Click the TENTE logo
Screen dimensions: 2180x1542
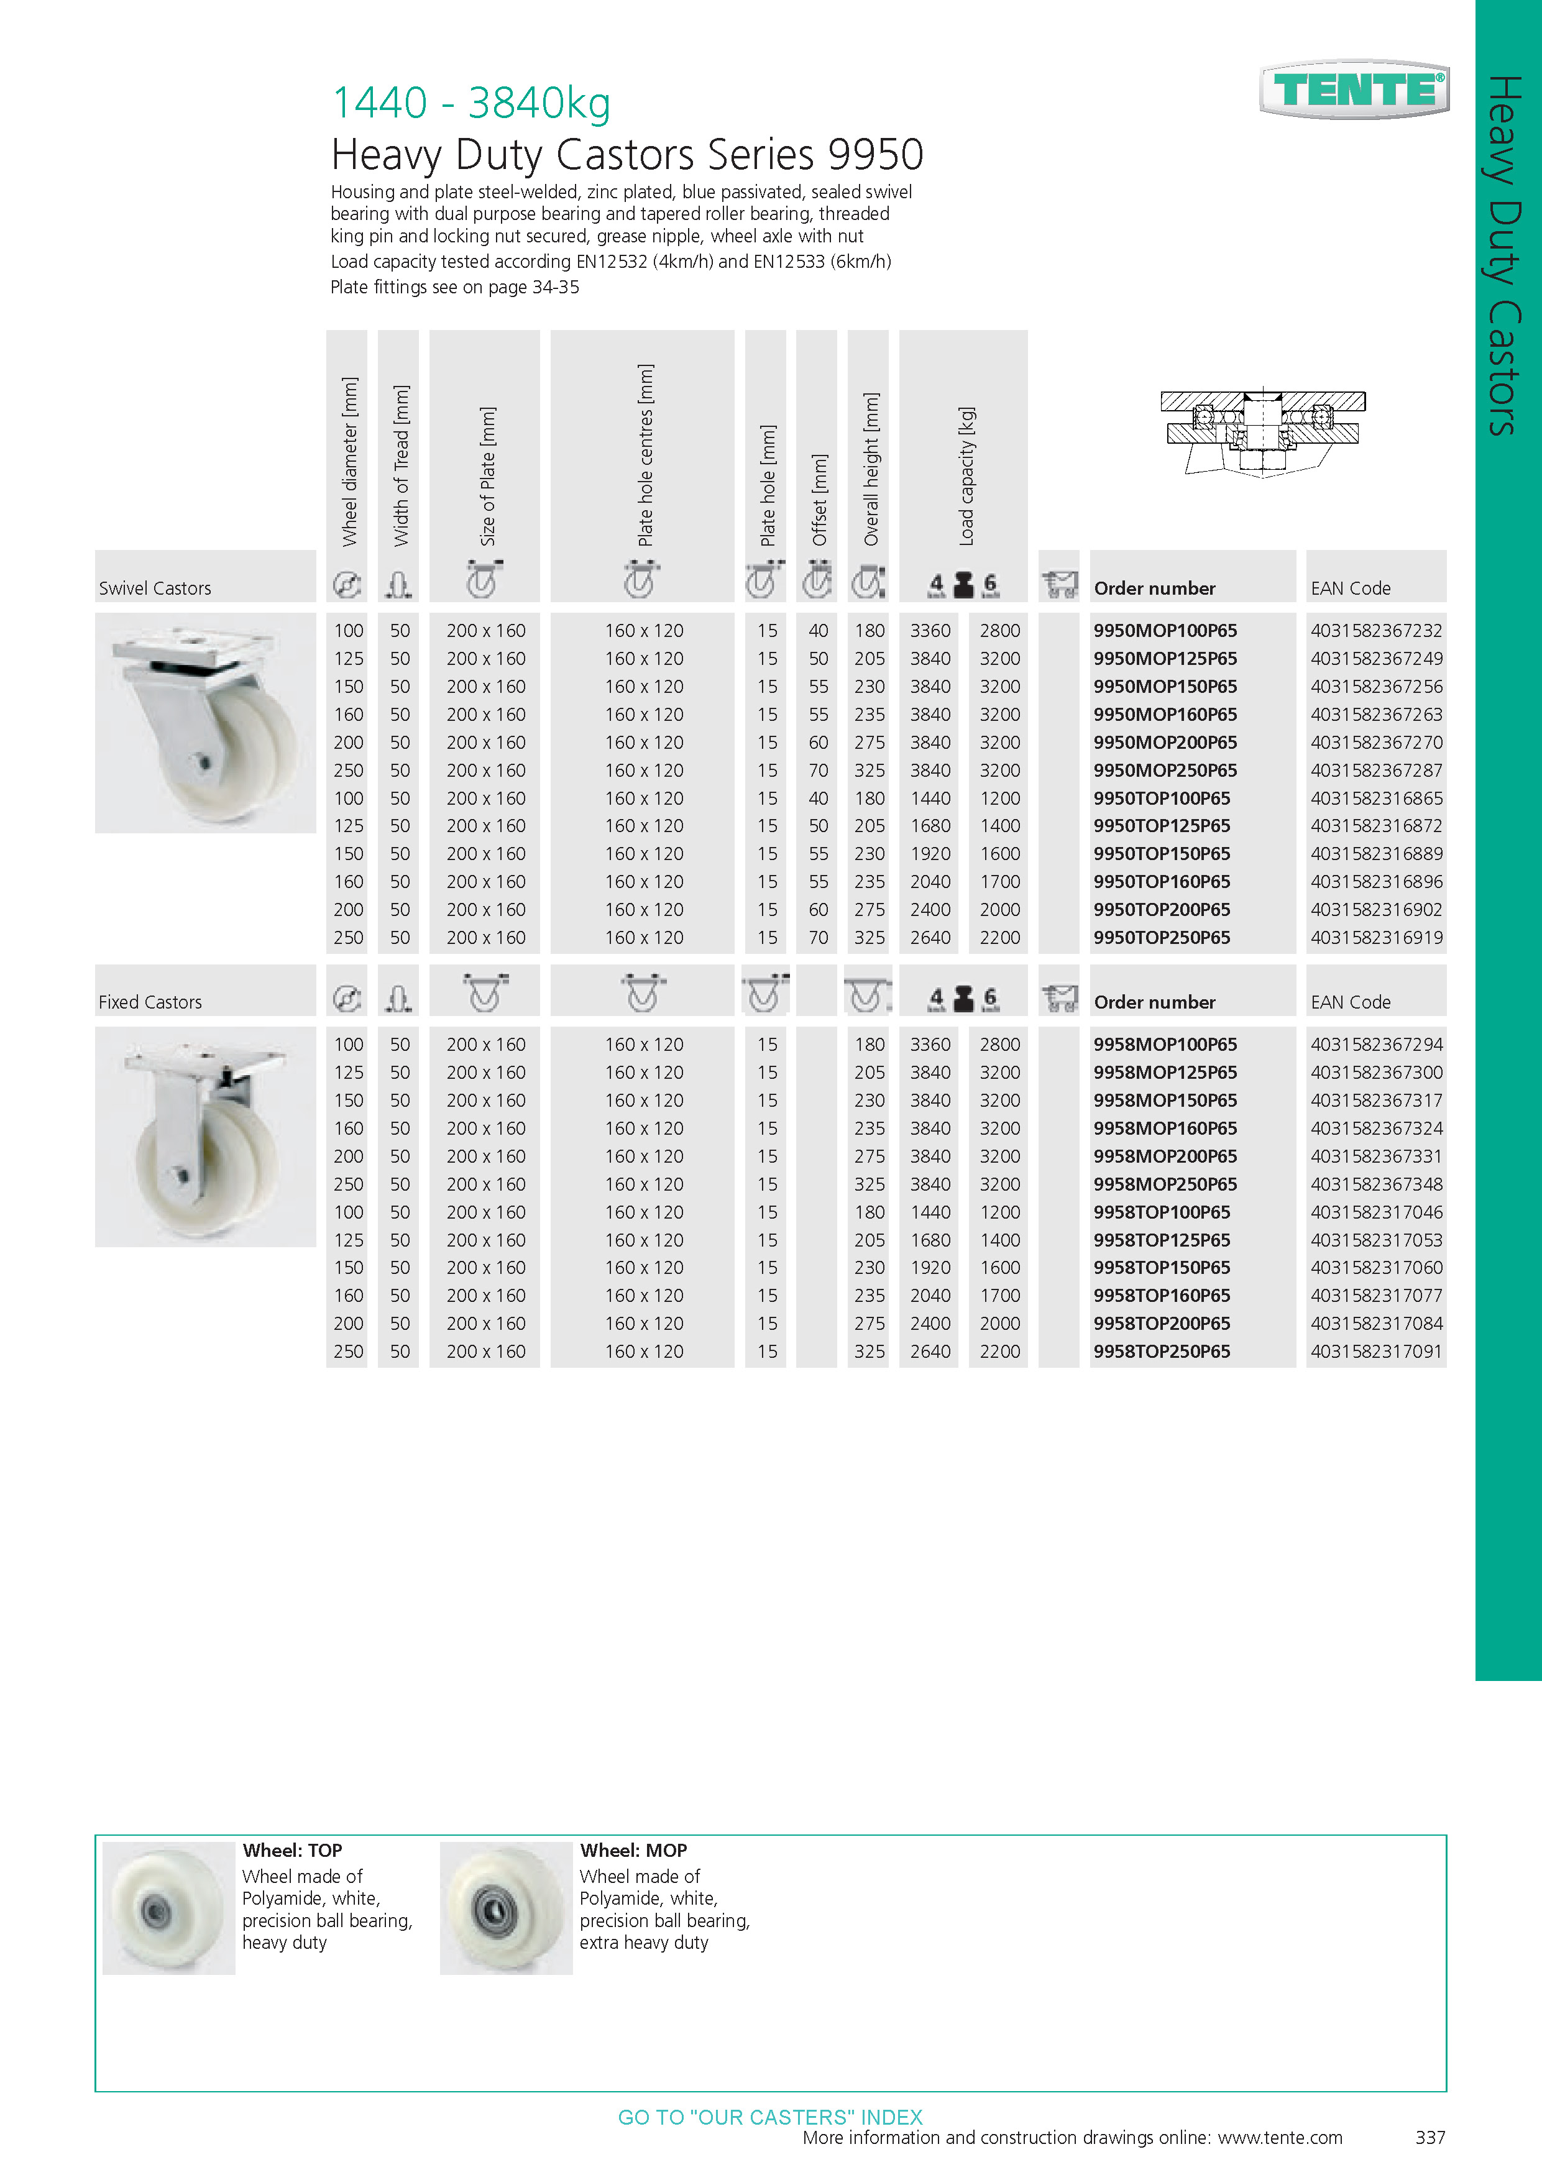(1354, 90)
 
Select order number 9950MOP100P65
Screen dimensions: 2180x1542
(1165, 631)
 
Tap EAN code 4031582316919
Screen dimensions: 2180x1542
(1376, 937)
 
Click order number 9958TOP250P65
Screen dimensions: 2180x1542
(1161, 1351)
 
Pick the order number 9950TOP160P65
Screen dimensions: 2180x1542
(1161, 881)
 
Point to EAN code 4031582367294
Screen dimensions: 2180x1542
(1376, 1045)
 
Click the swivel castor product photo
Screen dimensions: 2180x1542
(205, 723)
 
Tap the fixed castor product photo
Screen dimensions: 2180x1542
(205, 1137)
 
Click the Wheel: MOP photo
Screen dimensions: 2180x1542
(506, 1908)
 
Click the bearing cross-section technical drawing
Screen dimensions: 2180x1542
(1262, 432)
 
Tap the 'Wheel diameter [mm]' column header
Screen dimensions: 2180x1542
(349, 462)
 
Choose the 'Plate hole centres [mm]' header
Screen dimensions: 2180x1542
(645, 456)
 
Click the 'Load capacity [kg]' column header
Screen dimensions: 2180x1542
(966, 477)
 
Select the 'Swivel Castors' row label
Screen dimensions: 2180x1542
(155, 589)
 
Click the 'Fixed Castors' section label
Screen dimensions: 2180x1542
(150, 1002)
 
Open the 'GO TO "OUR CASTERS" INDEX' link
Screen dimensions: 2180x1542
(770, 2117)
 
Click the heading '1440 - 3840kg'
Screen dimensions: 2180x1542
(471, 103)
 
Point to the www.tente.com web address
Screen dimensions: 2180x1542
(1280, 2137)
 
